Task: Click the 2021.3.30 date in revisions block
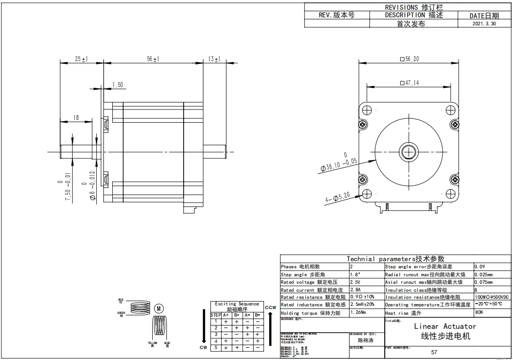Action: tap(484, 23)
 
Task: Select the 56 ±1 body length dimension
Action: tap(153, 59)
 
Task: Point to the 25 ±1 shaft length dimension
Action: tap(81, 59)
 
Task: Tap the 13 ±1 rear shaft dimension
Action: tap(214, 59)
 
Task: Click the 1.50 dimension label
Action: tap(117, 85)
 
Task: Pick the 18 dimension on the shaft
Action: tap(77, 118)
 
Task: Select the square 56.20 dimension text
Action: tap(409, 59)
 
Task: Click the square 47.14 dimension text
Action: tap(409, 83)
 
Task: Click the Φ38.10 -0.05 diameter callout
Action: tap(339, 163)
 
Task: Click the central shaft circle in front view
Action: tap(409, 152)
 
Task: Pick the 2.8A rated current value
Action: tap(355, 290)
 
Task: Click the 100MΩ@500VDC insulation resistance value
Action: tap(491, 297)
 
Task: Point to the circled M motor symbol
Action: tap(159, 308)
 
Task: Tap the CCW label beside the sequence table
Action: tap(270, 308)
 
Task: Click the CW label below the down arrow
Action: tap(203, 348)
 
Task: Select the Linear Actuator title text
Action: tap(445, 326)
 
